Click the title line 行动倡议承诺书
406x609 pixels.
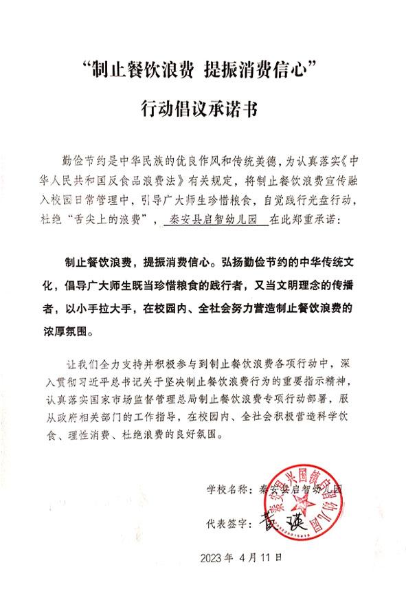point(203,109)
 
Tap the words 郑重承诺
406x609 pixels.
point(306,221)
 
